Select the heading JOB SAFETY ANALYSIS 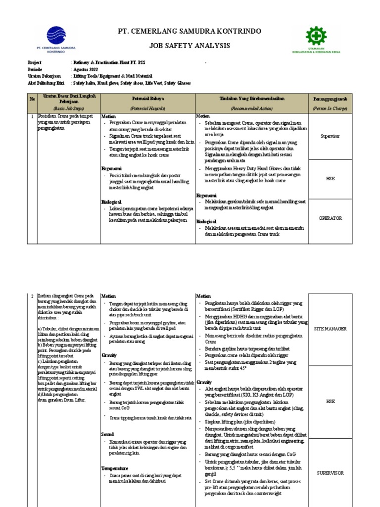pyautogui.click(x=190, y=46)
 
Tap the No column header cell pyautogui.click(x=32, y=99)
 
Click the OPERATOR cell pyautogui.click(x=331, y=218)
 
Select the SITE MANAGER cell pyautogui.click(x=331, y=328)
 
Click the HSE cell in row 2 pyautogui.click(x=331, y=402)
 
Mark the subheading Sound pyautogui.click(x=108, y=434)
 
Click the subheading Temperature pyautogui.click(x=115, y=468)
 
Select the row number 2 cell pyautogui.click(x=32, y=296)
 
